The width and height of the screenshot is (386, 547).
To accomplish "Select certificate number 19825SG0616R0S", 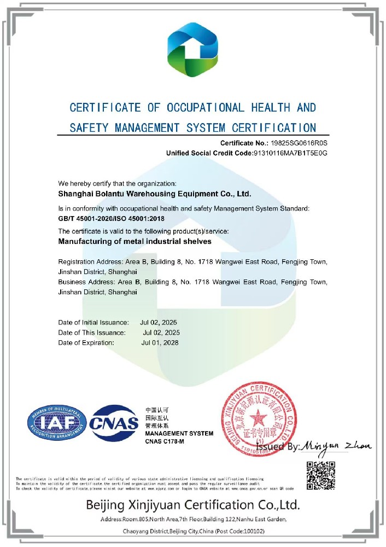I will coord(299,142).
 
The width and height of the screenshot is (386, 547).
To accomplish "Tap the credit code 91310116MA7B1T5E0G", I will coord(290,153).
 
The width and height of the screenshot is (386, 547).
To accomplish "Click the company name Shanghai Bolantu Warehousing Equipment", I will coord(155,193).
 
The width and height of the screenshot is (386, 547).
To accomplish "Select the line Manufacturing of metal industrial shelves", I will coord(134,241).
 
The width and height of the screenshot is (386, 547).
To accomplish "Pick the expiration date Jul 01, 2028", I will coord(160,343).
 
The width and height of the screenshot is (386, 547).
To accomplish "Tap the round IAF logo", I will coord(57,424).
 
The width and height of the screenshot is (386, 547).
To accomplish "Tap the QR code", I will coord(320,476).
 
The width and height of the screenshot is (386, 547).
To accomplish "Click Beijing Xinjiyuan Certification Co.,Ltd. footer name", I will coord(192,504).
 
